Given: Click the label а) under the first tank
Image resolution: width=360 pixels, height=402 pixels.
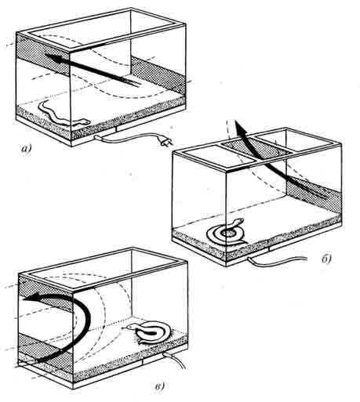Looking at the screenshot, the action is pos(26,149).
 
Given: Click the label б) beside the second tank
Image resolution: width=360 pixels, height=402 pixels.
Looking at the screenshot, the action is pos(326,259).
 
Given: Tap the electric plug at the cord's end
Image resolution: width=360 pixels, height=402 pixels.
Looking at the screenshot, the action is pos(165,142).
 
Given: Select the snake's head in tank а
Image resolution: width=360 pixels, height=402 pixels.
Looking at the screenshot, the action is pos(85,121).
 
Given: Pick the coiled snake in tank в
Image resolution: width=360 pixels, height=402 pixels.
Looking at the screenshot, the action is pos(149,332).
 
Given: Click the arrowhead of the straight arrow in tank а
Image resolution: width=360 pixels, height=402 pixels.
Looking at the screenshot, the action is pos(53,58).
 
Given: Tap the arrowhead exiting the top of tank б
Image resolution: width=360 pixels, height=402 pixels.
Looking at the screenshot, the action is pos(239,127).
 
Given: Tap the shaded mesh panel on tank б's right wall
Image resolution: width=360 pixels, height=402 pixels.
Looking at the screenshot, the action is pos(314,194).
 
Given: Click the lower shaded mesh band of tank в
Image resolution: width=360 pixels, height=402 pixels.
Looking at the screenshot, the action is pos(45,347).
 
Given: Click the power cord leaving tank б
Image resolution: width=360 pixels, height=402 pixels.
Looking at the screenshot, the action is pos(277,260).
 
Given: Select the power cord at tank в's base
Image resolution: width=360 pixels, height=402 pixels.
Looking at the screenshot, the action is pos(175,360).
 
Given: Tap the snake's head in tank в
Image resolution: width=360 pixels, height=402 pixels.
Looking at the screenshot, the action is pos(130,326).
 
